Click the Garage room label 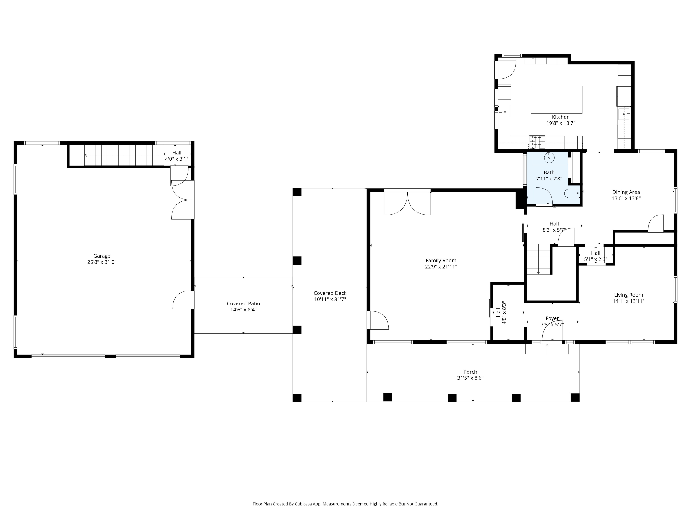(102, 256)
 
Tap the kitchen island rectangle (556, 100)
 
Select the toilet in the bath (571, 194)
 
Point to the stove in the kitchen (537, 142)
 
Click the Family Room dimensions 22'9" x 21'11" (441, 267)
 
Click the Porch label (470, 372)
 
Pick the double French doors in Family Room (407, 204)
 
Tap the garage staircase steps (124, 155)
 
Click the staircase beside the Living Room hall (538, 259)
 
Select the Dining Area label (626, 192)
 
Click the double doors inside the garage (181, 200)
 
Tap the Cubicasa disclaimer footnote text (345, 504)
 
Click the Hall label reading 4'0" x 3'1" (176, 156)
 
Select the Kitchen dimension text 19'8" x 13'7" (560, 123)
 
